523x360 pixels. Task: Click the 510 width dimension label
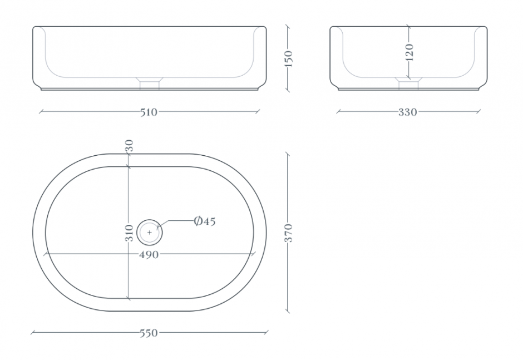[149, 112]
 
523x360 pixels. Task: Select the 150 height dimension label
[289, 59]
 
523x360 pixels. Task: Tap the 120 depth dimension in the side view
[410, 52]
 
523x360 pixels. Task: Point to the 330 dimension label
[408, 112]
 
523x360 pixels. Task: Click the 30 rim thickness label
[130, 146]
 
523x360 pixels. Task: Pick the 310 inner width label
[130, 233]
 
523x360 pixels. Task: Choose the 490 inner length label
[149, 255]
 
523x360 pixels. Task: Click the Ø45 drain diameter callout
[205, 221]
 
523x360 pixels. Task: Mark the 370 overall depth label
[289, 233]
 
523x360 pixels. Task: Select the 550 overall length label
[149, 333]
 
